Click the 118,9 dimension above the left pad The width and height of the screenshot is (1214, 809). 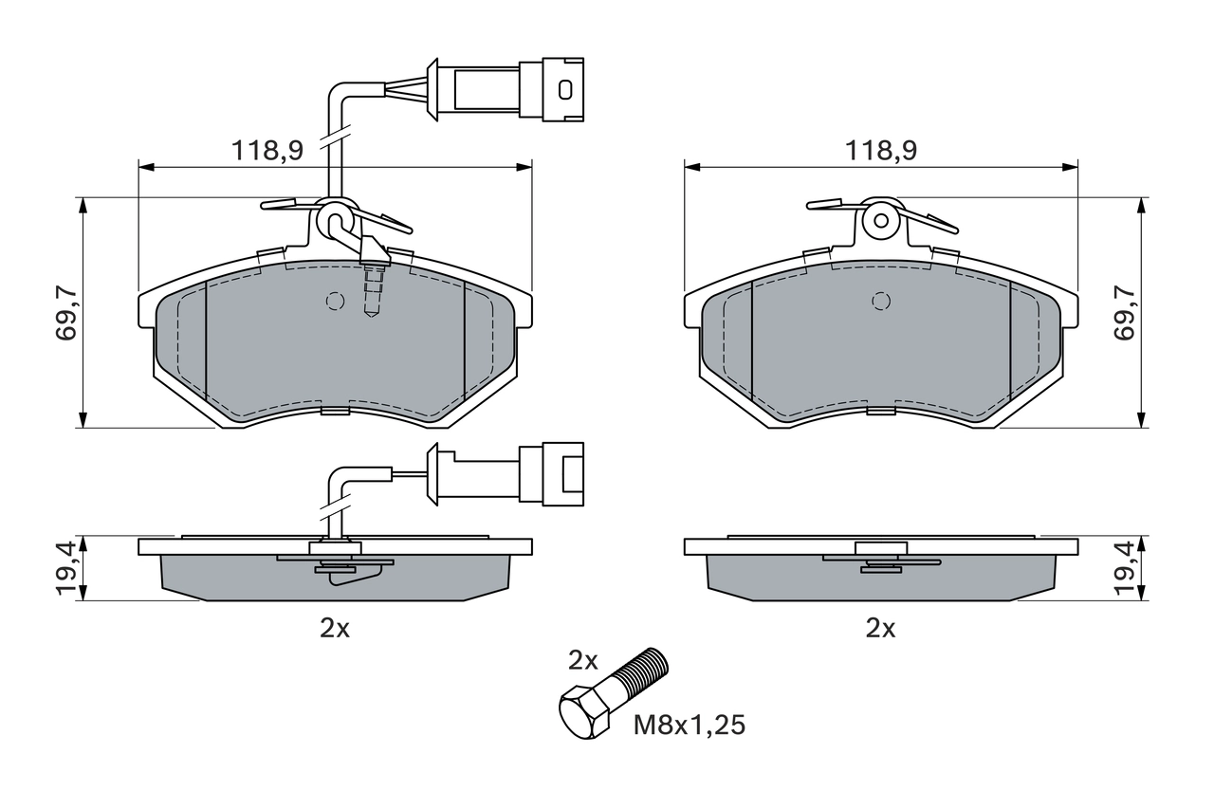tap(267, 150)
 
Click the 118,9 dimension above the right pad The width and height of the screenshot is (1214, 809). tap(881, 150)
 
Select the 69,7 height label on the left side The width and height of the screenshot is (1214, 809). tap(67, 313)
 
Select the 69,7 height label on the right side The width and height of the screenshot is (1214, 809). tap(1125, 313)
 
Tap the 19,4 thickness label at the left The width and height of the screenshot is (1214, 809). tap(67, 569)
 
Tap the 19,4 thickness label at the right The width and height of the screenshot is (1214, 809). tap(1125, 569)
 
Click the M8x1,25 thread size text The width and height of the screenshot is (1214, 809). tap(690, 726)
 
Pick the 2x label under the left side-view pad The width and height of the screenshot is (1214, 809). tap(335, 628)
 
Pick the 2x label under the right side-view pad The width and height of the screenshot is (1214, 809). tap(881, 628)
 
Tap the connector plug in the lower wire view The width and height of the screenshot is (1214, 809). tap(551, 471)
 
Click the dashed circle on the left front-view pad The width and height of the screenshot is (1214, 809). tap(334, 301)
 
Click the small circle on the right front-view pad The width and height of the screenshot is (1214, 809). tap(881, 301)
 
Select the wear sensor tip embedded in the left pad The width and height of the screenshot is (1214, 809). tap(373, 289)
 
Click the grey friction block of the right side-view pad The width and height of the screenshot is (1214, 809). tap(881, 579)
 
